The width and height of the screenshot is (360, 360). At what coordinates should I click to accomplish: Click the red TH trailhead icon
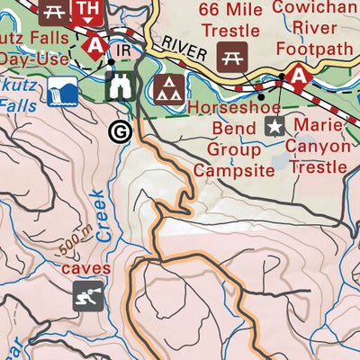[86, 9]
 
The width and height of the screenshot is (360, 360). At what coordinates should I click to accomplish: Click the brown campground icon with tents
[166, 88]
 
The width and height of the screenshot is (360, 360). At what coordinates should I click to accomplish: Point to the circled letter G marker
[118, 131]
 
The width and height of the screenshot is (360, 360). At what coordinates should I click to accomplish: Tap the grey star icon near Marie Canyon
[274, 126]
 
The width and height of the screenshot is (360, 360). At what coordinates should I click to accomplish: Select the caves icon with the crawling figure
[87, 295]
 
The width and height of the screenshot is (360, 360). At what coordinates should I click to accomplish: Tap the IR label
[125, 51]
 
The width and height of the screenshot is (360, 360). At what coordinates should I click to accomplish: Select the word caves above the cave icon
[86, 268]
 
